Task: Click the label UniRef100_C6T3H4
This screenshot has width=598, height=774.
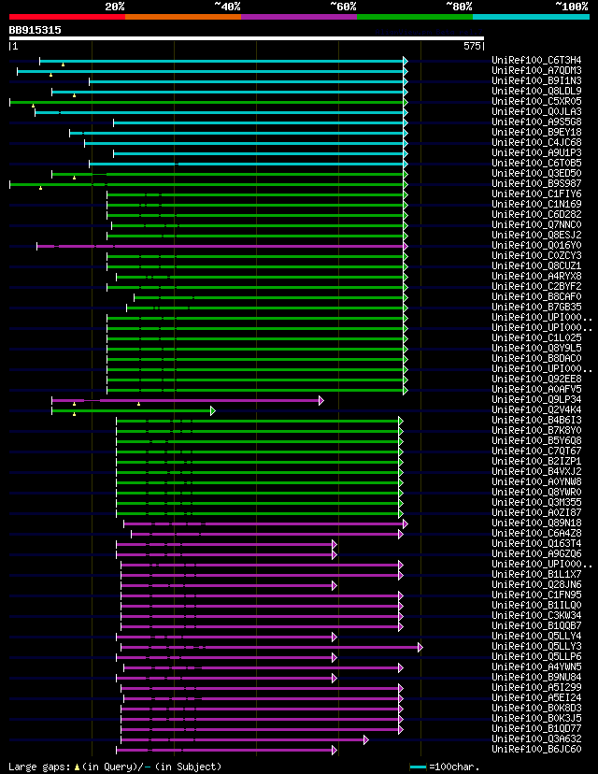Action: [536, 61]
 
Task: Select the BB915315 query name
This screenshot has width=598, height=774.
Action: [36, 30]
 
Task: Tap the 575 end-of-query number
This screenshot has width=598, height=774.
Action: [471, 45]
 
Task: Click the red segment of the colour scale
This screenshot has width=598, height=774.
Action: [66, 16]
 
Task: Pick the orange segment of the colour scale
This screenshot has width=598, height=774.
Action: [182, 16]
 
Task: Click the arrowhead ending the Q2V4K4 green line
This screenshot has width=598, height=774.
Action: [213, 410]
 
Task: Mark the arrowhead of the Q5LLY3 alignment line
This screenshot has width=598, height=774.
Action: [420, 647]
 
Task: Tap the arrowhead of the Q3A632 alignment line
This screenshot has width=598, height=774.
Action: [366, 739]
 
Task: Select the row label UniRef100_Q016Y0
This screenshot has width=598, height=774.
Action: [536, 246]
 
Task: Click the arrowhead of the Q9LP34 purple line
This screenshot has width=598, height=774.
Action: [320, 400]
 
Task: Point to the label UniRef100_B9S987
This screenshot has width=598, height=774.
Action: [536, 184]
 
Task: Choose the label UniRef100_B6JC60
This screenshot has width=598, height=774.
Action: [536, 750]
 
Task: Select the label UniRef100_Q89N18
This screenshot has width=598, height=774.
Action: [536, 523]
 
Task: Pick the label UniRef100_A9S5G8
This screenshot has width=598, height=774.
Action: [536, 122]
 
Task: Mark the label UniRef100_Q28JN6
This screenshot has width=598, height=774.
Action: [536, 585]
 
